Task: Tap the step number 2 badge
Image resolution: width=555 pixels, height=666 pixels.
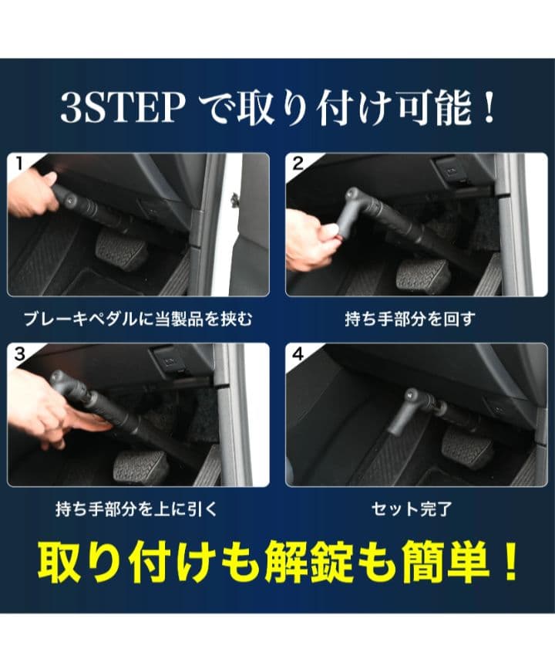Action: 296,164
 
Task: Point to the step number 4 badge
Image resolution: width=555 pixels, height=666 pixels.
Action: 296,354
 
